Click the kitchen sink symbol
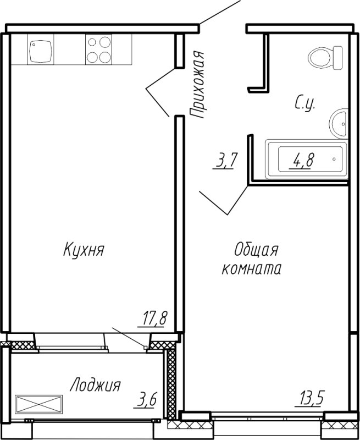pos(40,50)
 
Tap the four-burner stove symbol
pos(99,50)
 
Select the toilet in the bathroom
pos(325,58)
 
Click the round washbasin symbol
pos(339,123)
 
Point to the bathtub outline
pos(307,159)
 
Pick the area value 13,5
pos(309,398)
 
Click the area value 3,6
pos(146,400)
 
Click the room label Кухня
pos(84,250)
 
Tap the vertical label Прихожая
pos(197,84)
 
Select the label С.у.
pos(305,103)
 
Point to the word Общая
pos(256,250)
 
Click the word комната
pos(252,268)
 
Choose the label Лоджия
pos(95,386)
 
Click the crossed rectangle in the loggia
pos(39,404)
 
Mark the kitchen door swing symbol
pos(157,92)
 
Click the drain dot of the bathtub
pos(334,159)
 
